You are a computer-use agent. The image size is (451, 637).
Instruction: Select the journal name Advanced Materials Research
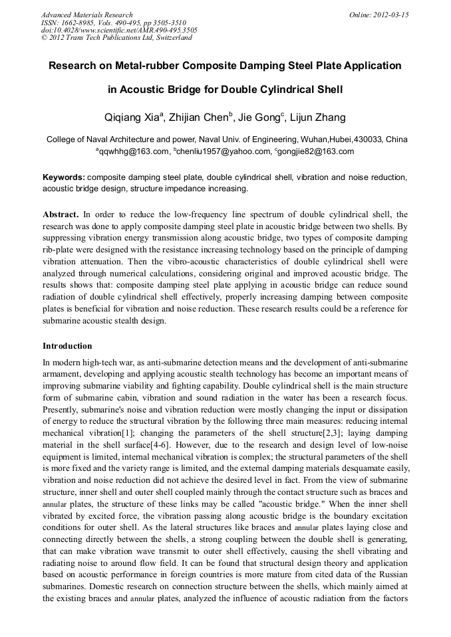coord(86,15)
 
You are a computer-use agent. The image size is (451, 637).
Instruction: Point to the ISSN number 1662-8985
coord(79,23)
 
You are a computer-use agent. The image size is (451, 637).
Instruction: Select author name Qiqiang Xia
coord(130,118)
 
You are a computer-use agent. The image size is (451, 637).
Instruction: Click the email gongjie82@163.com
coord(317,151)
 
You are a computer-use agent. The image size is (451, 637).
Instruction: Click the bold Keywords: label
coord(64,178)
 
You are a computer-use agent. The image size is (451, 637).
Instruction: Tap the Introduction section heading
coord(67,346)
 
